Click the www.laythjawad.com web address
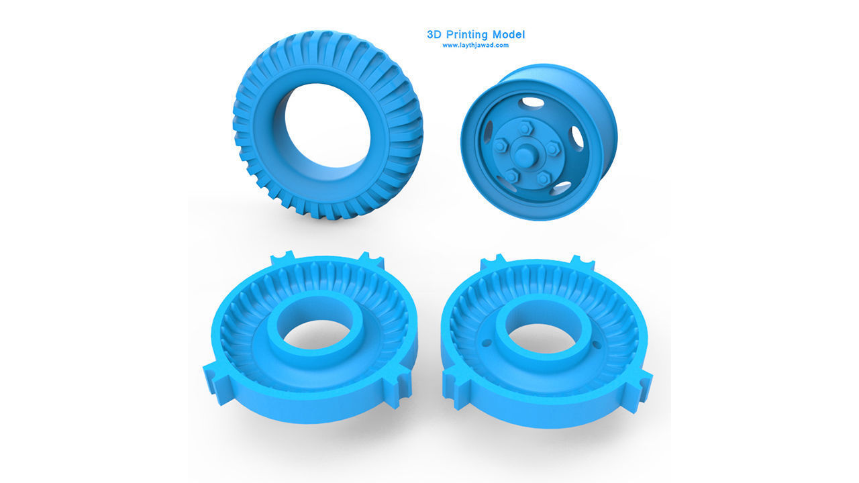(x=475, y=46)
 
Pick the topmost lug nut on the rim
(x=524, y=127)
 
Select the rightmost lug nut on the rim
(x=552, y=148)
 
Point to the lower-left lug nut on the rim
(x=511, y=176)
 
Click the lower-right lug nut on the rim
(x=544, y=178)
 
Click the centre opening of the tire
(x=327, y=125)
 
